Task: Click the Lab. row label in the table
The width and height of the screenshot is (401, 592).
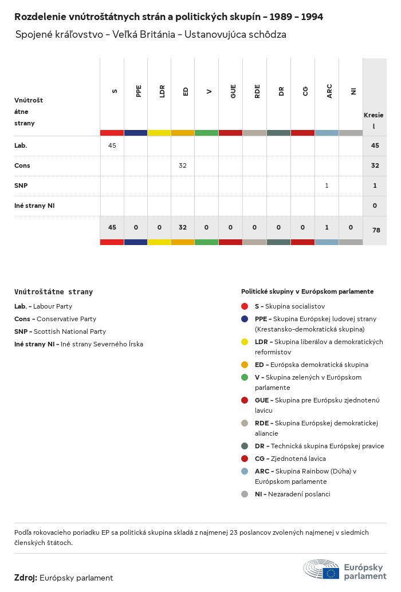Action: pos(21,145)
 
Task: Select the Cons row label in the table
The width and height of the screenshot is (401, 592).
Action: pos(22,165)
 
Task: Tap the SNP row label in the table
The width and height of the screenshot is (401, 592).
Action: pos(21,186)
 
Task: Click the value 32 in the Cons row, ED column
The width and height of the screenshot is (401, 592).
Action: pos(183,165)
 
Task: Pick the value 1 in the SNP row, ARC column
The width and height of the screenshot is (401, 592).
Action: pos(327,186)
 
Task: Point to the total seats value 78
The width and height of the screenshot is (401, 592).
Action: pos(376,230)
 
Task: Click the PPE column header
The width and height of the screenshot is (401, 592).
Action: pos(138,91)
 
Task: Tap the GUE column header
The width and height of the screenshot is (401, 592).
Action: pos(233,91)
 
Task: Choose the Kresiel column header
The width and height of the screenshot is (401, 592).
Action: pos(374,120)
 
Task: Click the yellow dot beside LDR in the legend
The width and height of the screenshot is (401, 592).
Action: pos(245,342)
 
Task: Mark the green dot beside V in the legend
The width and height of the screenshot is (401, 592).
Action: pos(245,377)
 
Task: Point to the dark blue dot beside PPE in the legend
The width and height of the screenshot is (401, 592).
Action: pos(245,319)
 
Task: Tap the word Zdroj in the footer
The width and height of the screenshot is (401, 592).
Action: pos(26,578)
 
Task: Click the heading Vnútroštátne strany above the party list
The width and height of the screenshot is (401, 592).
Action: pos(53,292)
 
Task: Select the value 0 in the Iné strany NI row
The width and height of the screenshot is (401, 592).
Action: pos(375,206)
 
